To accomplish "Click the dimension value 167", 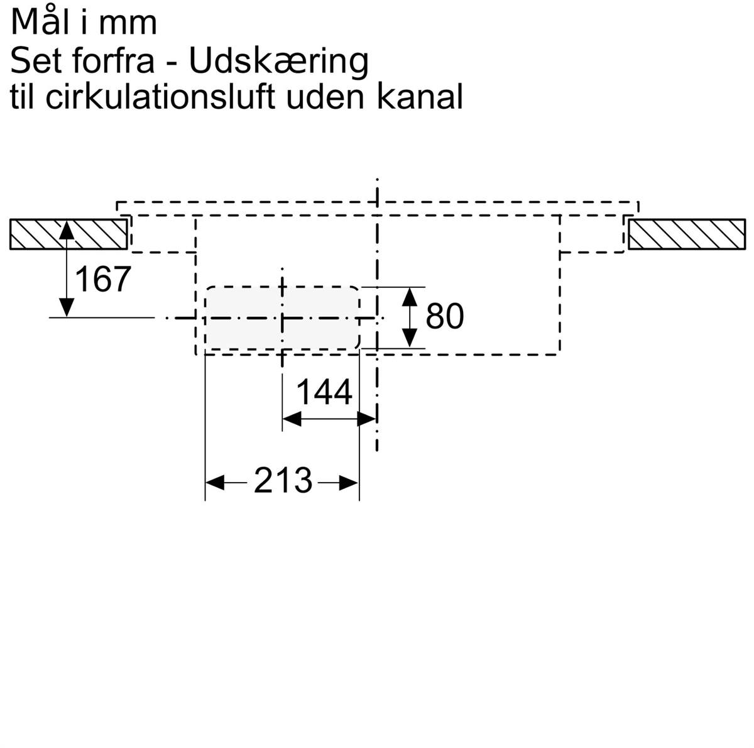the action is pyautogui.click(x=102, y=278).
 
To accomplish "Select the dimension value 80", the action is pyautogui.click(x=444, y=316).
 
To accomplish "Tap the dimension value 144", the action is pyautogui.click(x=324, y=392).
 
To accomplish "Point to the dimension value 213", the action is pyautogui.click(x=283, y=480).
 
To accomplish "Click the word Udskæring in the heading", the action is pyautogui.click(x=278, y=62).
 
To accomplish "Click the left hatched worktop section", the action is pyautogui.click(x=68, y=234).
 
